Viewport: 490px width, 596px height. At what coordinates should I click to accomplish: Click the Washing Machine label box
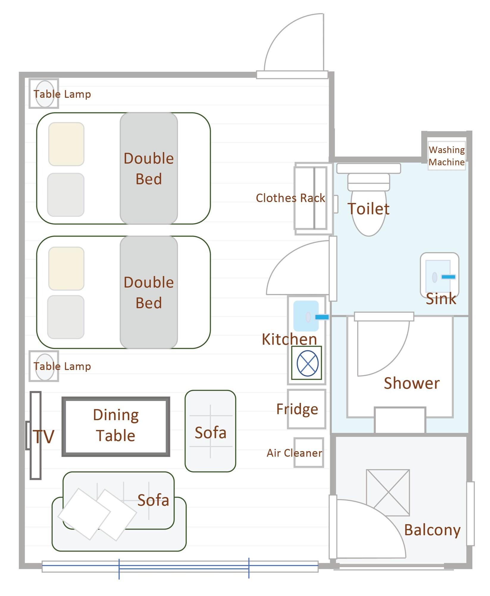pos(446,156)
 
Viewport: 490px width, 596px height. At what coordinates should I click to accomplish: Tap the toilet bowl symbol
pos(369,209)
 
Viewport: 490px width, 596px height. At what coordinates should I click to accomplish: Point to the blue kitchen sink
pos(306,316)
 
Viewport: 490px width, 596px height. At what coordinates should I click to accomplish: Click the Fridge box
pos(306,409)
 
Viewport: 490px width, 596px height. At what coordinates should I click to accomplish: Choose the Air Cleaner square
pos(309,452)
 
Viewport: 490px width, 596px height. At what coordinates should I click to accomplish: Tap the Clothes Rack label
pos(290,198)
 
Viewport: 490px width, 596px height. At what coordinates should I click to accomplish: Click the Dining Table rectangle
pos(116,426)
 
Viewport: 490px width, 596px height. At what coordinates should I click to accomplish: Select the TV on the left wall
pos(35,435)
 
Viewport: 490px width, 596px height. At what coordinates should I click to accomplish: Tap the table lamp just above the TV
pos(44,366)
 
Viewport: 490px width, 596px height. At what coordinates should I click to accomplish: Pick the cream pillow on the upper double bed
pos(66,144)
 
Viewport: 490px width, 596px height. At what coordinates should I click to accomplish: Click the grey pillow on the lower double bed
pos(66,317)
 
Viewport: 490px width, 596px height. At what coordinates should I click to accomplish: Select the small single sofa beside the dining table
pos(210,431)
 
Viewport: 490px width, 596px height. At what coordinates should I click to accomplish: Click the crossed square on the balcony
pos(388,493)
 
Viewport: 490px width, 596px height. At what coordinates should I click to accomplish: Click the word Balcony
pos(432,530)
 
